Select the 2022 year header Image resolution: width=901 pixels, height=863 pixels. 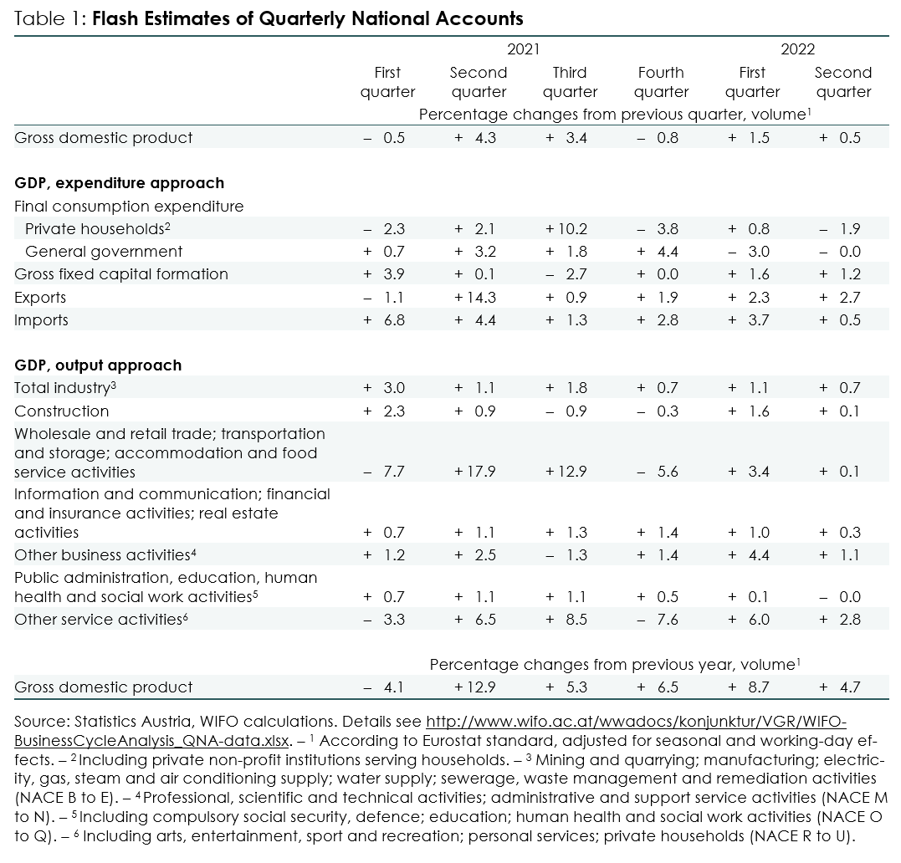coord(797,49)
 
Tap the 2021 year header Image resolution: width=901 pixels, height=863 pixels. coord(524,49)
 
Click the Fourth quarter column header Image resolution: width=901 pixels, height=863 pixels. coord(661,82)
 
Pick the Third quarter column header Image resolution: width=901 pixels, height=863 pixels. coord(570,82)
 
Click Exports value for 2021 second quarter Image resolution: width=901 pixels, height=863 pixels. coord(474,298)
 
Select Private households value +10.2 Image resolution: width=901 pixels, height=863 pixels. coord(566,229)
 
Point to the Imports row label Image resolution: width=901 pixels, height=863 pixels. coord(41,320)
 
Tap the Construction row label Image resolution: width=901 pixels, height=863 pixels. coord(61,411)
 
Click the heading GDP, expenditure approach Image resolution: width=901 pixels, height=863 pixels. coord(120,183)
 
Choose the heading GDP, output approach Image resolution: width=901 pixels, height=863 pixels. coord(98,365)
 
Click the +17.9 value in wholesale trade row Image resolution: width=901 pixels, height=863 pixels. coord(474,472)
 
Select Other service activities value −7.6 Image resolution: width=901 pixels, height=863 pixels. coord(658,620)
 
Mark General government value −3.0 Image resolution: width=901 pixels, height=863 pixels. coord(749,252)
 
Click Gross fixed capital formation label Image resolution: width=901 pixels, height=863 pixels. coord(121,274)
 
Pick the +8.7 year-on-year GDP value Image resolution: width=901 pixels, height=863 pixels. coord(749,687)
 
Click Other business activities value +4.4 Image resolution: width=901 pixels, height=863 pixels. coord(749,555)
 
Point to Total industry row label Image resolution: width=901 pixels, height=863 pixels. coord(65,388)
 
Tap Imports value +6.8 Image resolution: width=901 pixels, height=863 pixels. coord(384,320)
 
